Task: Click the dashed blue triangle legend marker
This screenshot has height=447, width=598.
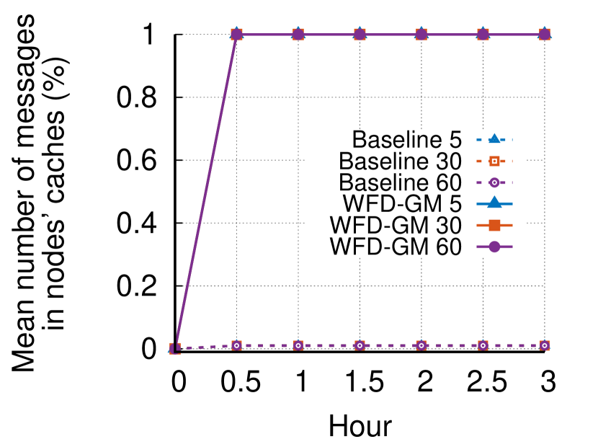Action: (494, 139)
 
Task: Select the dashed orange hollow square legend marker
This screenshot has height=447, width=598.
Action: (494, 161)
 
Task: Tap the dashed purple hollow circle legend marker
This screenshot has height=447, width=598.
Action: (494, 182)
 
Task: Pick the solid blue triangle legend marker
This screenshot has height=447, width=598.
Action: (494, 203)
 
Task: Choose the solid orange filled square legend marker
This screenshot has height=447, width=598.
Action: (494, 225)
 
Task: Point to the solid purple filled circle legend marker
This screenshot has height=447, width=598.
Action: (494, 247)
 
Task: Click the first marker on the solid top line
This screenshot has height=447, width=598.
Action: (236, 35)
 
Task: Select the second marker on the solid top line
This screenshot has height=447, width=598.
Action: (298, 35)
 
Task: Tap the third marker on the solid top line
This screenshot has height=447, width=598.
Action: (360, 35)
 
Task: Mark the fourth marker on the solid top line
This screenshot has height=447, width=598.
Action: (421, 35)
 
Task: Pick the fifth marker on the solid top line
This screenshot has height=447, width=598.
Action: (483, 35)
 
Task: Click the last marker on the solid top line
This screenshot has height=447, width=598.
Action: (545, 35)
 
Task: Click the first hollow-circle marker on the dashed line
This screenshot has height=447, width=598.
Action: (236, 345)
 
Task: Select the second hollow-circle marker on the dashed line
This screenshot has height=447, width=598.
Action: (298, 345)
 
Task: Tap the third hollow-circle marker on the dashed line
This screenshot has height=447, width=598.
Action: (360, 345)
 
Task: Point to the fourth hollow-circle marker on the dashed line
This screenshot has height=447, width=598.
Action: (421, 345)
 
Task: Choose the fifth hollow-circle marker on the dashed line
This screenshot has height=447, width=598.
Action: (483, 345)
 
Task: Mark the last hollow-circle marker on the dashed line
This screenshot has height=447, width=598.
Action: (545, 345)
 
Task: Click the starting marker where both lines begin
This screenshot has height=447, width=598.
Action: (175, 348)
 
